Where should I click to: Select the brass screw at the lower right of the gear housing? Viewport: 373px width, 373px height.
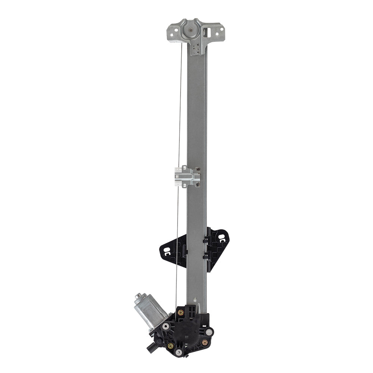coord(204,342)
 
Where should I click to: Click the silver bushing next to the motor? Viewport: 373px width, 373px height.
coord(166,326)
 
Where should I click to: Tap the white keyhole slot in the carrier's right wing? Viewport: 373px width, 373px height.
coord(223,237)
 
